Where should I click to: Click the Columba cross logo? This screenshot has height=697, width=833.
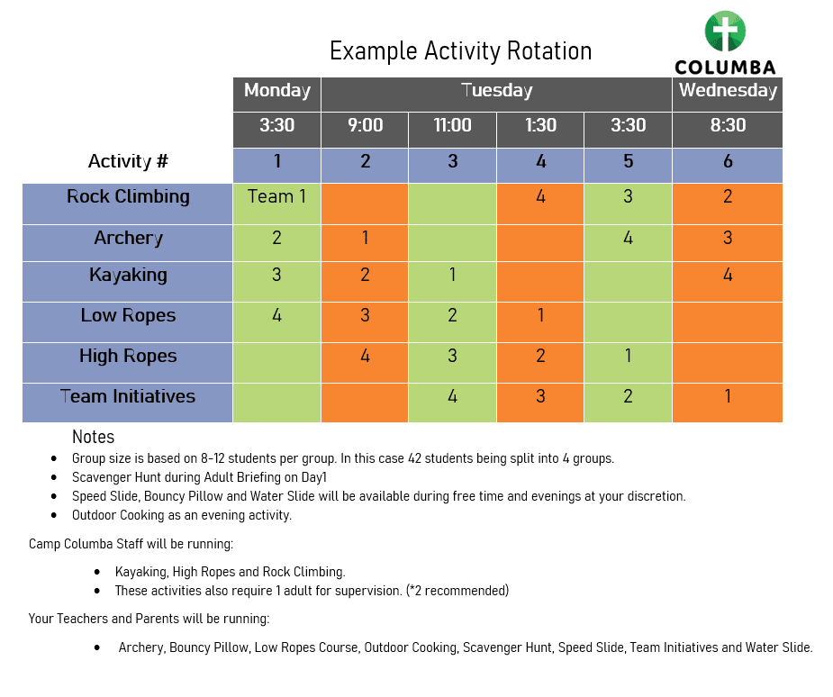point(725,32)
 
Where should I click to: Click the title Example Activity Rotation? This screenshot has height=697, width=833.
point(460,51)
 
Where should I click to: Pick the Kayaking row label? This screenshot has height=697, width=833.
point(128,276)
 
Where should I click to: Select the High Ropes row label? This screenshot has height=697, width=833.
point(128,356)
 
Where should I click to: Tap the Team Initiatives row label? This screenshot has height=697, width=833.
point(128,396)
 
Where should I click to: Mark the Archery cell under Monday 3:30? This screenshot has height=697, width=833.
point(276,243)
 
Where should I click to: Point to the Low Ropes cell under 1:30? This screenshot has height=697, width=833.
point(540,322)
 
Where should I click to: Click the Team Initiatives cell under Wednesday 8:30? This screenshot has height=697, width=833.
point(728,403)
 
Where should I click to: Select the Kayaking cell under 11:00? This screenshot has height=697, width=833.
point(452,282)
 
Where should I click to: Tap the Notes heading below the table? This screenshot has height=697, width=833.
point(93,437)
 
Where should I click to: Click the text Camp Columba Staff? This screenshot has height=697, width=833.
point(86,544)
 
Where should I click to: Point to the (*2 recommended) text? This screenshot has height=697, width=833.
point(457,591)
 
